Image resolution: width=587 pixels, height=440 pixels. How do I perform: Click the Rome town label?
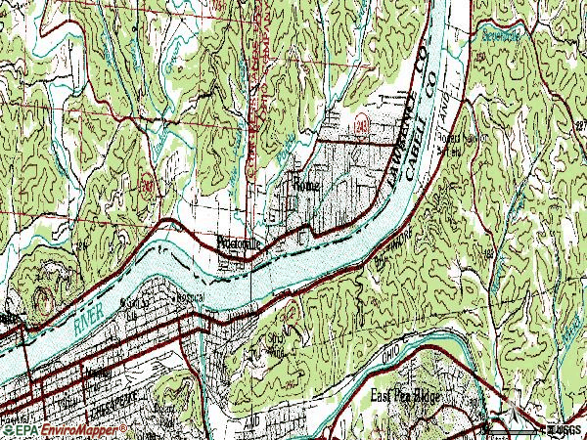305,183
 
